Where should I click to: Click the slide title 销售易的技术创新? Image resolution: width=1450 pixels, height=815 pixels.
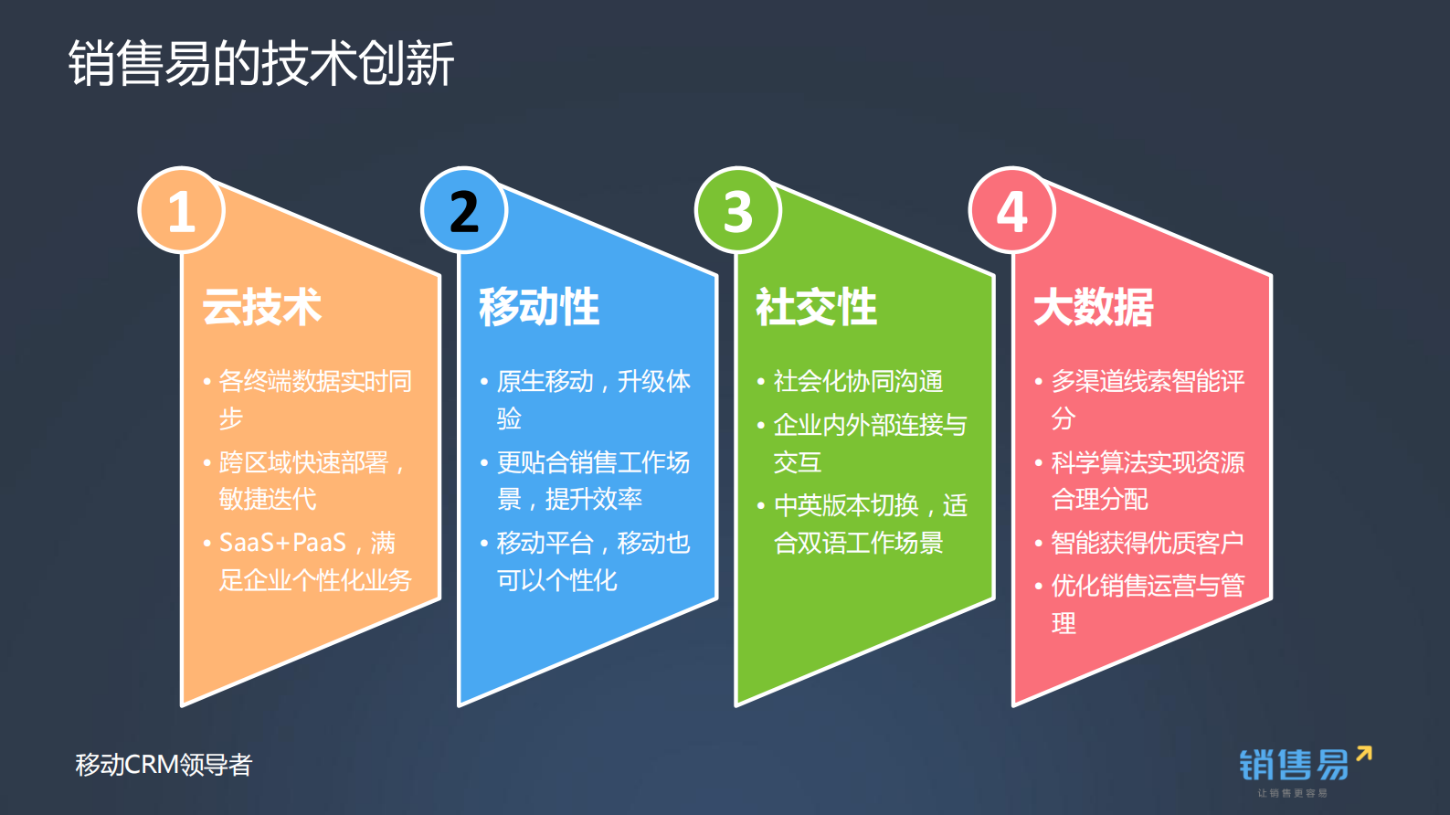tap(261, 63)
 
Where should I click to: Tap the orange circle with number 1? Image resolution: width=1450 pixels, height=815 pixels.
tap(181, 210)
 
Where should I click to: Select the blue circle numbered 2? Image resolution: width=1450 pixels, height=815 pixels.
tap(464, 210)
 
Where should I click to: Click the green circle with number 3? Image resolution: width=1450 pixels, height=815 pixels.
tap(738, 210)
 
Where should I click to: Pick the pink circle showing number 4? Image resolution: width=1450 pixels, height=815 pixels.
tap(1012, 210)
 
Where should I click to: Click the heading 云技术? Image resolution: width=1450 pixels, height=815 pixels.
tap(262, 307)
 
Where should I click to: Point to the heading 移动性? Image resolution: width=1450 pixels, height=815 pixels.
tap(539, 307)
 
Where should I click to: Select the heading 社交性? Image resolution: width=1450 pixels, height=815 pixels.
tap(816, 307)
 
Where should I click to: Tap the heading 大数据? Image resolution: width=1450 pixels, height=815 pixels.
tap(1094, 307)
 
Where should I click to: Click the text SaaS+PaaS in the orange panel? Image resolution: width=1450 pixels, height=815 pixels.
tap(282, 543)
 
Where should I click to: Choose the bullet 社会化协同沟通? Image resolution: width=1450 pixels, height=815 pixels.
tap(857, 381)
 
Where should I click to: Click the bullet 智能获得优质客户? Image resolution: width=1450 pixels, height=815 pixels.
tap(1147, 543)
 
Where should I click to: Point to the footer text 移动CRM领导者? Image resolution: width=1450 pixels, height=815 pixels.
tap(164, 765)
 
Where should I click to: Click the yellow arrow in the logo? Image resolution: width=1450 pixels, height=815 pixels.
tap(1364, 754)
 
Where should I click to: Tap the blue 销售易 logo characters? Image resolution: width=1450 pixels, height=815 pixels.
tap(1293, 765)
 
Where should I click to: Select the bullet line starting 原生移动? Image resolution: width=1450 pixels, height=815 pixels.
tap(593, 381)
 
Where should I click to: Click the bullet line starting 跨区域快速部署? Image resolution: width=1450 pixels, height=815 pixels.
tap(304, 462)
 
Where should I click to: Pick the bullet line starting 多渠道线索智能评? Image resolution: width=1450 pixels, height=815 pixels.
tap(1148, 381)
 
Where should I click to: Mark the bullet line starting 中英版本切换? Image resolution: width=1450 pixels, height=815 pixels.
tap(870, 505)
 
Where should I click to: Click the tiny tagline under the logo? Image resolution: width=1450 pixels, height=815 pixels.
tap(1292, 793)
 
